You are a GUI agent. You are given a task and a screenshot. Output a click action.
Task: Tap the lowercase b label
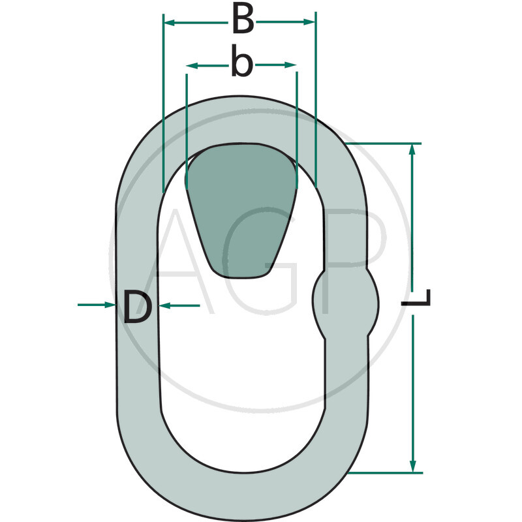click(242, 61)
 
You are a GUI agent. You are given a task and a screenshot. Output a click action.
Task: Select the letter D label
click(138, 306)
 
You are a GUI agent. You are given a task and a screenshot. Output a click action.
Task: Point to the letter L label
click(416, 298)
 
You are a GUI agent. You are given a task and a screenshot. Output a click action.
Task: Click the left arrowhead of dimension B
click(170, 23)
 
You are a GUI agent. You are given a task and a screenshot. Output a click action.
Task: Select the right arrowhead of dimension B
click(309, 22)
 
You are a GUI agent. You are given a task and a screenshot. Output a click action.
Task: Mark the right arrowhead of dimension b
click(290, 65)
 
